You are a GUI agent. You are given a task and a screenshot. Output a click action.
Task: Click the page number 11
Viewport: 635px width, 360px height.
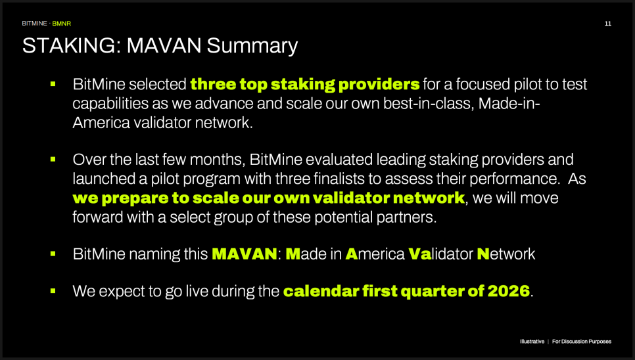click(x=607, y=24)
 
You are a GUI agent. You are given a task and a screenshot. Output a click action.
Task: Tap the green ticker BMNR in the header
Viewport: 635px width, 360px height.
click(x=62, y=24)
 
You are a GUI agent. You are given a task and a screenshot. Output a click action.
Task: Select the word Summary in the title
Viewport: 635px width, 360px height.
click(x=252, y=46)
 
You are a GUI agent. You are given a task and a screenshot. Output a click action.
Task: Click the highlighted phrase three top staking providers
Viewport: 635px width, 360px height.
click(x=305, y=84)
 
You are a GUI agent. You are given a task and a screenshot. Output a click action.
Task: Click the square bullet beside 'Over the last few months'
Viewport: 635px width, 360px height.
click(x=53, y=160)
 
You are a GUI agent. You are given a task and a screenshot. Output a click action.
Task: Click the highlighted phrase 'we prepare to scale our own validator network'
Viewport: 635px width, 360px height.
click(x=269, y=198)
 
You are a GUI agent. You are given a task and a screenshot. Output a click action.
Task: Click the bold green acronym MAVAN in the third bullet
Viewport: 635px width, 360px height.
click(x=244, y=254)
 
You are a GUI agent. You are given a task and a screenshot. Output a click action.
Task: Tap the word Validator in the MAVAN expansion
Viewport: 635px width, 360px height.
click(x=440, y=254)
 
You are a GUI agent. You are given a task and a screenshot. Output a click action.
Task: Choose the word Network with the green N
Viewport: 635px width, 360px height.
click(x=506, y=254)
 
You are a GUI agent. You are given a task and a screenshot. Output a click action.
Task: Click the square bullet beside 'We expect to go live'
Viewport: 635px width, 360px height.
click(x=53, y=291)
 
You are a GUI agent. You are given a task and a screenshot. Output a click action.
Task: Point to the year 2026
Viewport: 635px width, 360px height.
click(x=509, y=291)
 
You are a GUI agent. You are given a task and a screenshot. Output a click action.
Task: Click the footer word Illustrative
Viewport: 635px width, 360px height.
click(x=532, y=342)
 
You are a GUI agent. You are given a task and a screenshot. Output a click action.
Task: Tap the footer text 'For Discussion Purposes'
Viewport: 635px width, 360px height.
click(x=582, y=342)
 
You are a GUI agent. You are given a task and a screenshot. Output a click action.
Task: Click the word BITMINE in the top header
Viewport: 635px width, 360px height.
click(x=34, y=24)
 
